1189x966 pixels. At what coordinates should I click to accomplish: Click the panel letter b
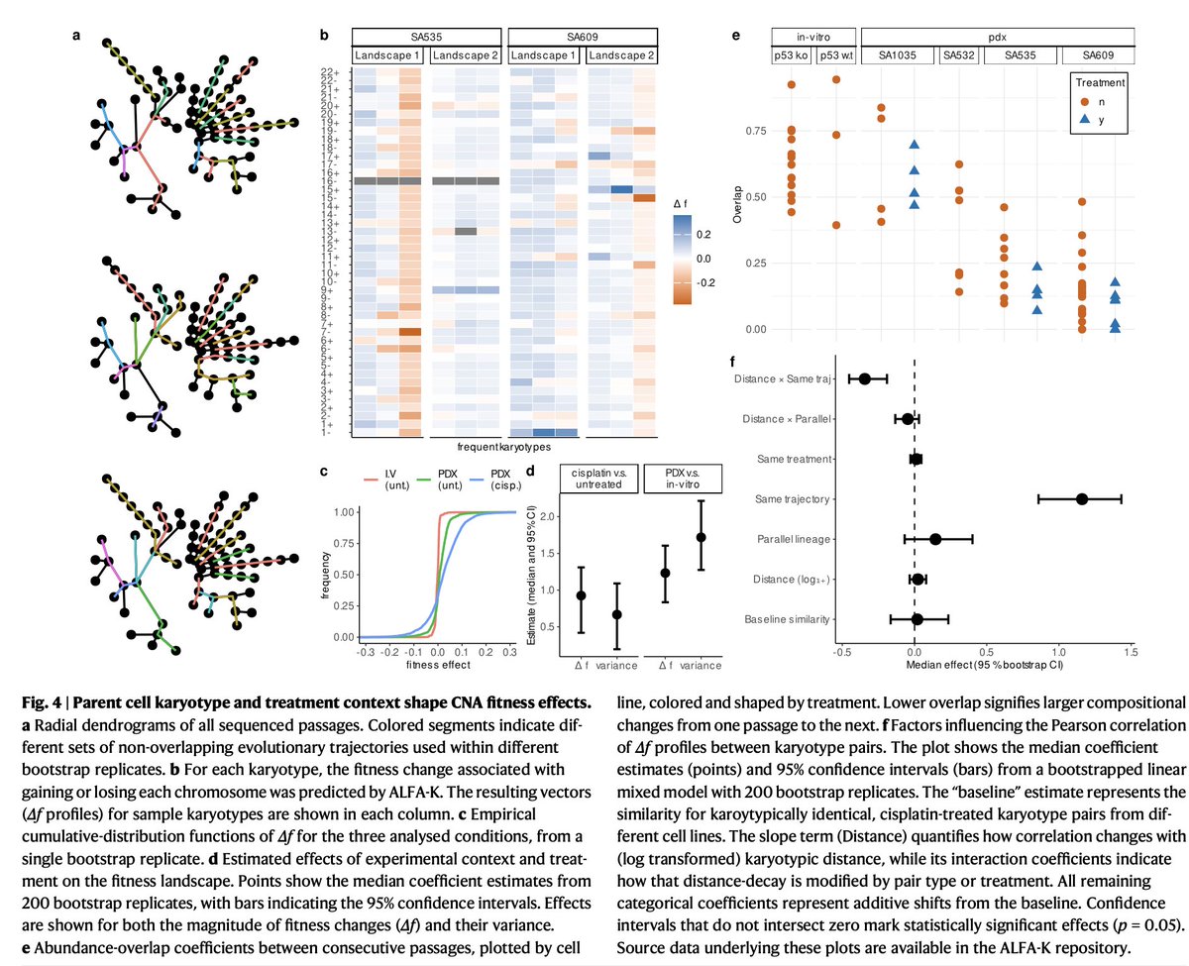click(x=324, y=36)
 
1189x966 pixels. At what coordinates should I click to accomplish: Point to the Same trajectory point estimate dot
click(x=1081, y=499)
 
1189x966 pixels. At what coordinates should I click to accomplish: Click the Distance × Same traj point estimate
click(x=864, y=378)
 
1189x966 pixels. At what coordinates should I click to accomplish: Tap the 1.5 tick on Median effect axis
click(x=1131, y=652)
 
